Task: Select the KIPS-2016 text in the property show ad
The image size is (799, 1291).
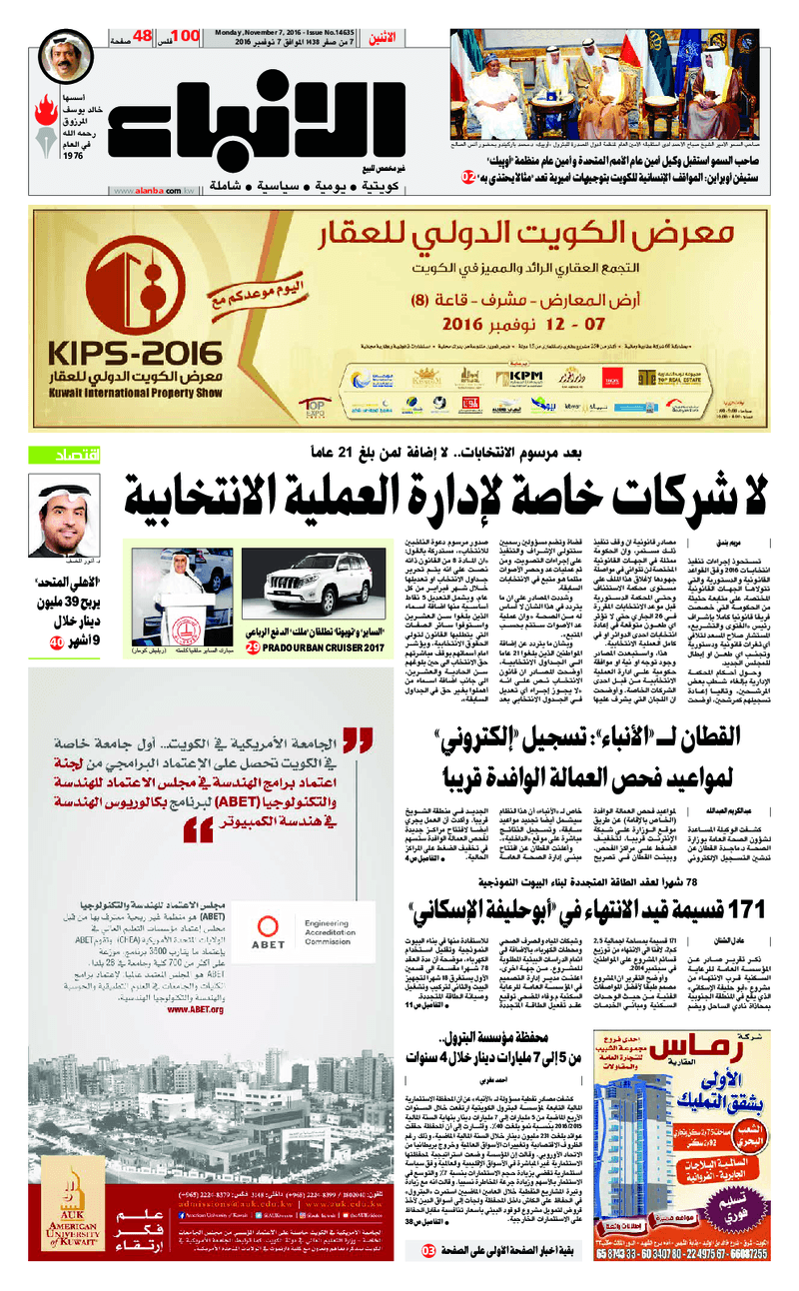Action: click(136, 353)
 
